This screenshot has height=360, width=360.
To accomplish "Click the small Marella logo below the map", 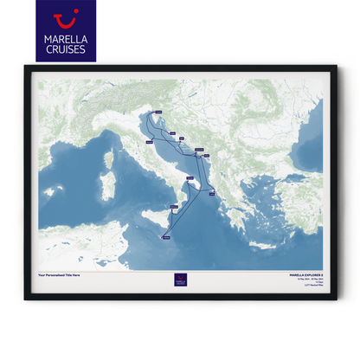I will click(x=179, y=280).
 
